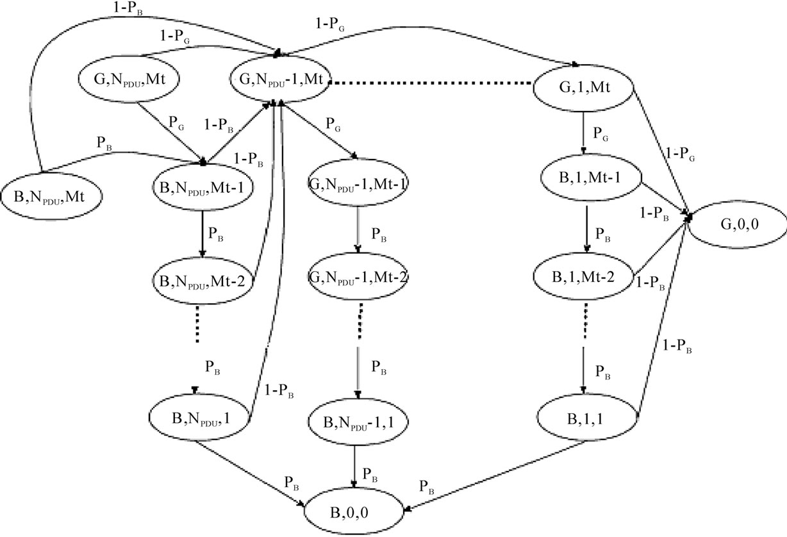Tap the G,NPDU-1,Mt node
tap(282, 80)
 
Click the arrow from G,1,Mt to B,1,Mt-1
tap(583, 129)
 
